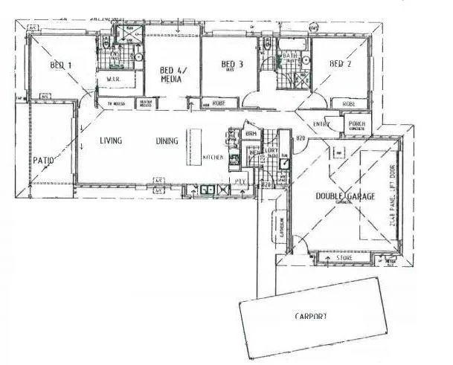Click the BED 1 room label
(x=61, y=65)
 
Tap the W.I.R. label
(x=115, y=79)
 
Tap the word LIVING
(x=111, y=140)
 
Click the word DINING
(x=167, y=140)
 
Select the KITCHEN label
(x=213, y=158)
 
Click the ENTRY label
(x=321, y=123)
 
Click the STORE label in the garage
(x=344, y=258)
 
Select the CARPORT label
(x=311, y=316)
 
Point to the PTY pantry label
(x=240, y=180)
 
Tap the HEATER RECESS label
(x=147, y=104)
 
